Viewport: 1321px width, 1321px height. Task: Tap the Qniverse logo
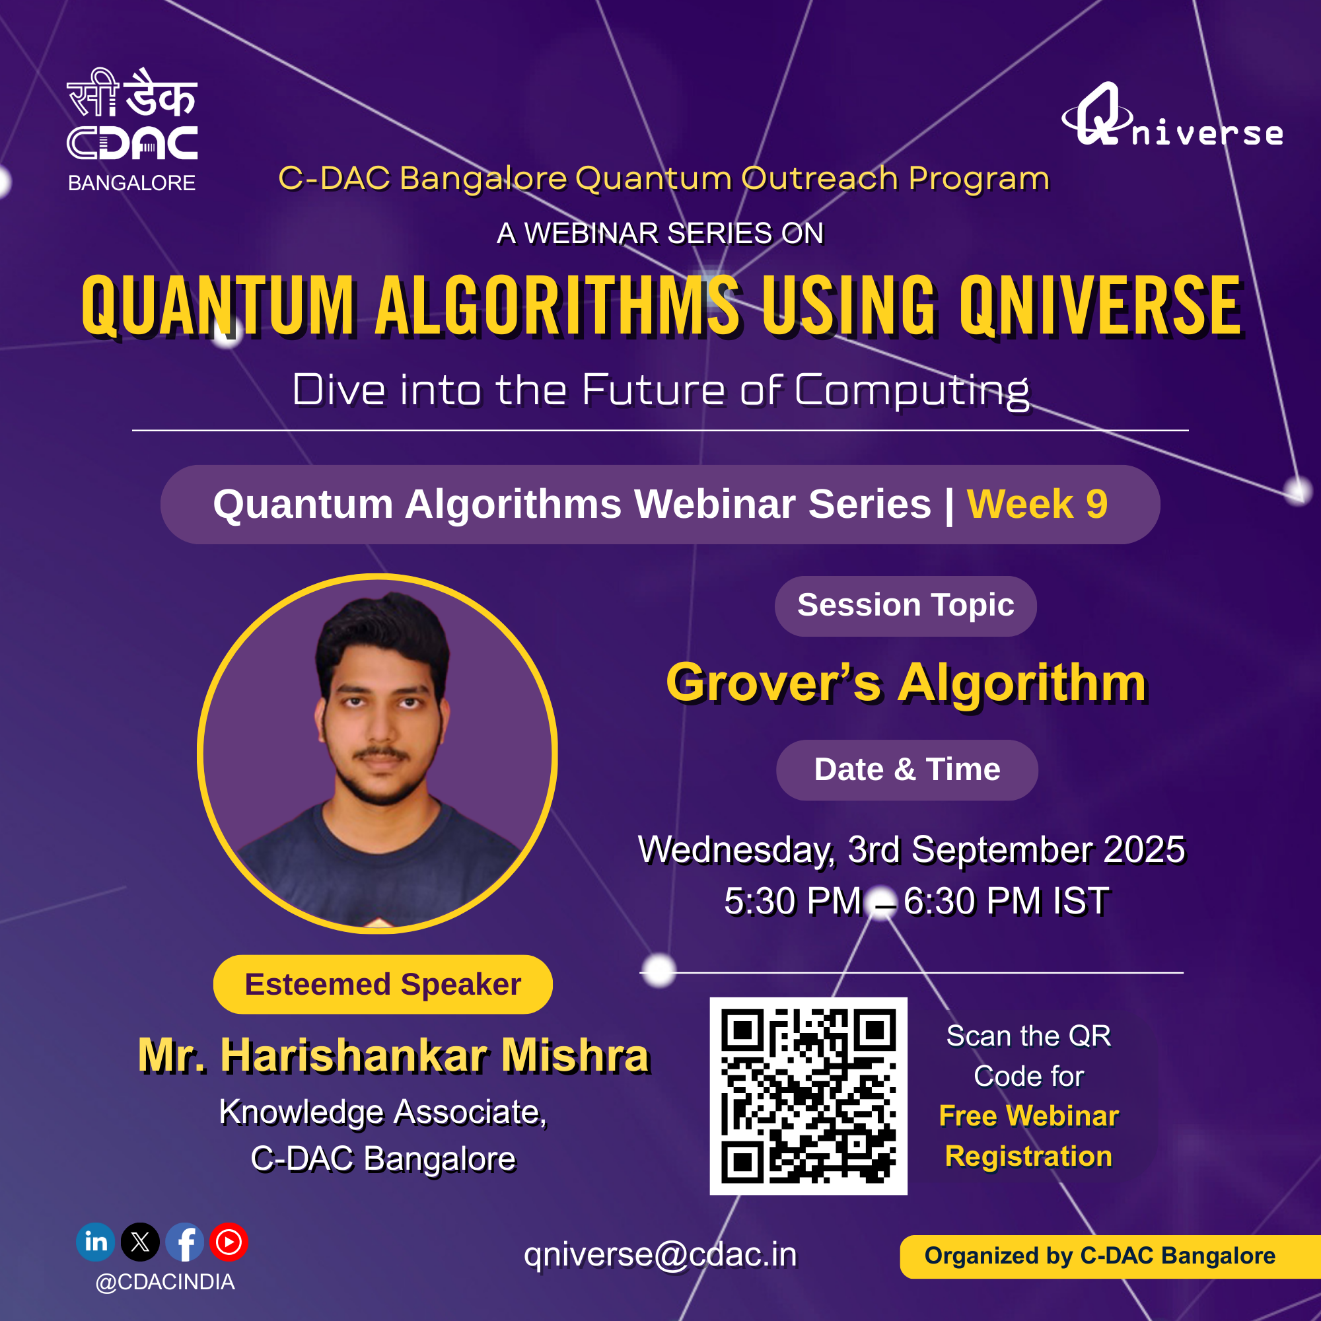click(1172, 114)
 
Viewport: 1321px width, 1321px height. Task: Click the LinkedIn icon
click(96, 1242)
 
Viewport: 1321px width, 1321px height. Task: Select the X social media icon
click(140, 1242)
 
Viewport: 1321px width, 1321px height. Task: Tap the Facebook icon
click(185, 1242)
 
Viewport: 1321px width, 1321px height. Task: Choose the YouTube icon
click(229, 1242)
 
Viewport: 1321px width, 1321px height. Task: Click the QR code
click(808, 1096)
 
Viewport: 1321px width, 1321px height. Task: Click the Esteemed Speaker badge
click(383, 985)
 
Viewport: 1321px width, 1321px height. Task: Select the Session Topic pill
click(906, 606)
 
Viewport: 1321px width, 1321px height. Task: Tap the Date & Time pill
click(907, 770)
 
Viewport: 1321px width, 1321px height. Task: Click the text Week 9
click(1037, 505)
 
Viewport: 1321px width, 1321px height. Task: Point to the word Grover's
click(774, 683)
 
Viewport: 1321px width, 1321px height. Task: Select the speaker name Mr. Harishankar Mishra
click(394, 1055)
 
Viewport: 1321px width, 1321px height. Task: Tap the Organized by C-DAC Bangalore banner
click(1110, 1256)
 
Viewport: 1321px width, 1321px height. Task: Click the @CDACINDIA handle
click(166, 1282)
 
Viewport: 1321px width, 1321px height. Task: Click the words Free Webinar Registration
click(1028, 1135)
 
